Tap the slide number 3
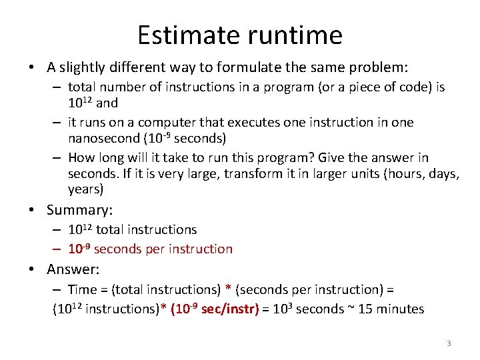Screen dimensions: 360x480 [449, 343]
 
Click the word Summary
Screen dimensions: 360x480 [79, 210]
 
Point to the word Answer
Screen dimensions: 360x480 [73, 269]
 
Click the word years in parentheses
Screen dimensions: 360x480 [85, 189]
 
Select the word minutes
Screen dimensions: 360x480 [399, 309]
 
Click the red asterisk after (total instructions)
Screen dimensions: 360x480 [228, 289]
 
